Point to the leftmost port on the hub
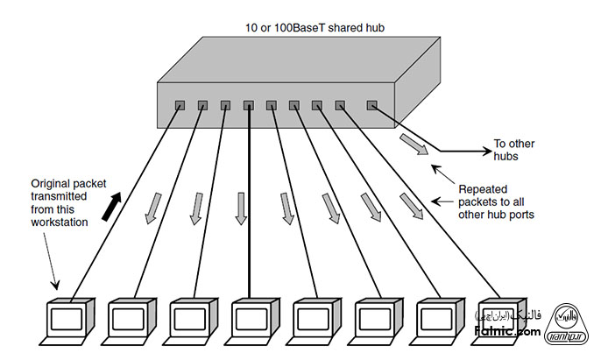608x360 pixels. pyautogui.click(x=180, y=105)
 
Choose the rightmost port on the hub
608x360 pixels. pyautogui.click(x=371, y=105)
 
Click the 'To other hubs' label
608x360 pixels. pyautogui.click(x=514, y=150)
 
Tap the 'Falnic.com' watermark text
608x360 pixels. pyautogui.click(x=507, y=330)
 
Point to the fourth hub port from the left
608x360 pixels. pyautogui.click(x=249, y=105)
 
